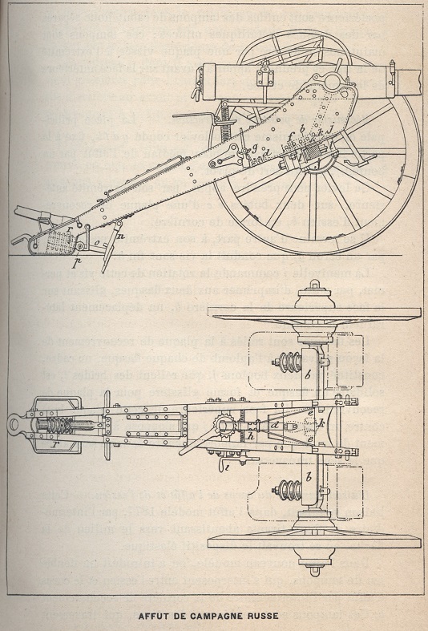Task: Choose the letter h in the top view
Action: point(251,436)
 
